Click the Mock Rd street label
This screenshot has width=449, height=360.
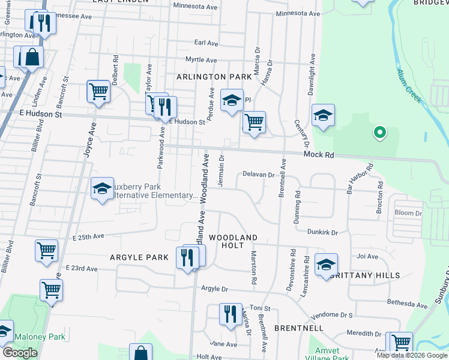pos(318,154)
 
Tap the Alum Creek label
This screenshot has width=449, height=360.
pos(411,83)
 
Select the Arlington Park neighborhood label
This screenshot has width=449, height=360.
pos(214,77)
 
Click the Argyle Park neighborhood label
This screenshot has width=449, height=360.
pos(139,257)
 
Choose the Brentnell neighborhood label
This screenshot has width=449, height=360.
pos(299,328)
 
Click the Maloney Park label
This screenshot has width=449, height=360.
pos(40,337)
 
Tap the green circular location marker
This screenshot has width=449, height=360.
pos(379,132)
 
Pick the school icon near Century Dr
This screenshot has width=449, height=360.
pos(323,115)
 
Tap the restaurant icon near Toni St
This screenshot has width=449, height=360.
pos(231,314)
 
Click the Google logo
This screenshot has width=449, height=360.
pos(20,352)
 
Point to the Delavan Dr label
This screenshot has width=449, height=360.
pos(258,175)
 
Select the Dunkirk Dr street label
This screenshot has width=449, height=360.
pos(323,232)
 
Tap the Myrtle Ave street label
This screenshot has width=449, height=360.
pos(201,60)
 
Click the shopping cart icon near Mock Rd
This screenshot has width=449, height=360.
pos(255,122)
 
